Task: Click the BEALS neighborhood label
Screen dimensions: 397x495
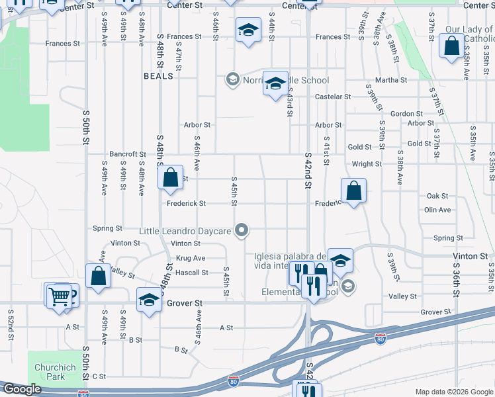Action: pos(159,76)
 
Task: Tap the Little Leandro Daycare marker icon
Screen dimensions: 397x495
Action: pos(242,231)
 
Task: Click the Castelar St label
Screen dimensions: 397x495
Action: pos(332,97)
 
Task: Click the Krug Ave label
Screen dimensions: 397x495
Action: pos(190,258)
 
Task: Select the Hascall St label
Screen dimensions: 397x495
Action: pos(191,272)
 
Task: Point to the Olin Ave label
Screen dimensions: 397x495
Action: pos(437,210)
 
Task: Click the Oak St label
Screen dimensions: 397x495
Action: pos(437,197)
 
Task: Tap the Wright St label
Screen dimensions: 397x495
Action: pos(367,164)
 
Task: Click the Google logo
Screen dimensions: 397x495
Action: pos(21,390)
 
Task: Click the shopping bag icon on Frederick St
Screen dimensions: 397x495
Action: pos(354,191)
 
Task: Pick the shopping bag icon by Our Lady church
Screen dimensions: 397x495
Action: pos(451,46)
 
